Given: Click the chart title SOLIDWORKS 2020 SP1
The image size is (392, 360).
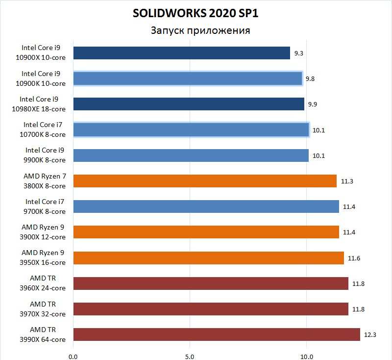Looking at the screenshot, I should (x=196, y=13).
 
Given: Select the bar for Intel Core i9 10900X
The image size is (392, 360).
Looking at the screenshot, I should (x=181, y=53).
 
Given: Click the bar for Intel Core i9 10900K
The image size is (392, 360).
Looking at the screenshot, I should (x=188, y=78).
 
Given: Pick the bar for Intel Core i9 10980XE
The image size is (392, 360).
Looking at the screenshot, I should (x=189, y=104).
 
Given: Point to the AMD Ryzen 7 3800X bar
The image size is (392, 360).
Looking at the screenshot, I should (x=205, y=181).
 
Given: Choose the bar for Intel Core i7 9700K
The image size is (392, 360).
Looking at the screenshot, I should (x=206, y=206).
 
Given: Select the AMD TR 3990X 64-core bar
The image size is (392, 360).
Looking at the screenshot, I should (x=217, y=334).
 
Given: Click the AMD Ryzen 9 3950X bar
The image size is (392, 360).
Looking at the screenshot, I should (x=209, y=258).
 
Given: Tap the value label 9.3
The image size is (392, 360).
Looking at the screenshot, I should (x=299, y=53).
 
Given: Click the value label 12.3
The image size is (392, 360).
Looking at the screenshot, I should (x=369, y=335).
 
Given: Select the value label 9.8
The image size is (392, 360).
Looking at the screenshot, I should (x=310, y=78).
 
